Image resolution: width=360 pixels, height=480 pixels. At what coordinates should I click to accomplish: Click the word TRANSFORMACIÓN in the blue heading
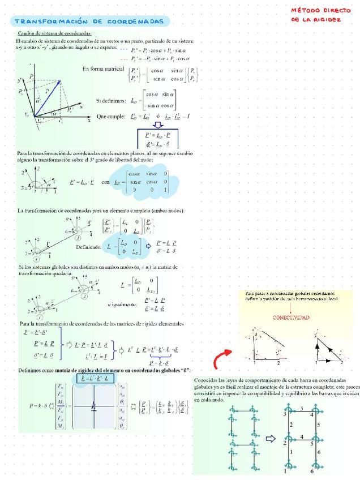50,22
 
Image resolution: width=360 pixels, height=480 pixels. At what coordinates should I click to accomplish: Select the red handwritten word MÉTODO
305,10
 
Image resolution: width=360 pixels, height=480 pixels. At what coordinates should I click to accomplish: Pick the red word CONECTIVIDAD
291,318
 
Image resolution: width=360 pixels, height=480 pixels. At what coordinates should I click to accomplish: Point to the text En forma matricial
103,68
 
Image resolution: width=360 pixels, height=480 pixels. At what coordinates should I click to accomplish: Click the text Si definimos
111,100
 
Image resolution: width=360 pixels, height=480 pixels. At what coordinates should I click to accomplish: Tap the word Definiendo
88,247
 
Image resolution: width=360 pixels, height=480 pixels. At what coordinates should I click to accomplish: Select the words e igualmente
122,305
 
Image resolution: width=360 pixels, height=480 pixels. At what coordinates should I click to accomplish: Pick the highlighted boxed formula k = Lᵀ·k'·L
95,377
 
